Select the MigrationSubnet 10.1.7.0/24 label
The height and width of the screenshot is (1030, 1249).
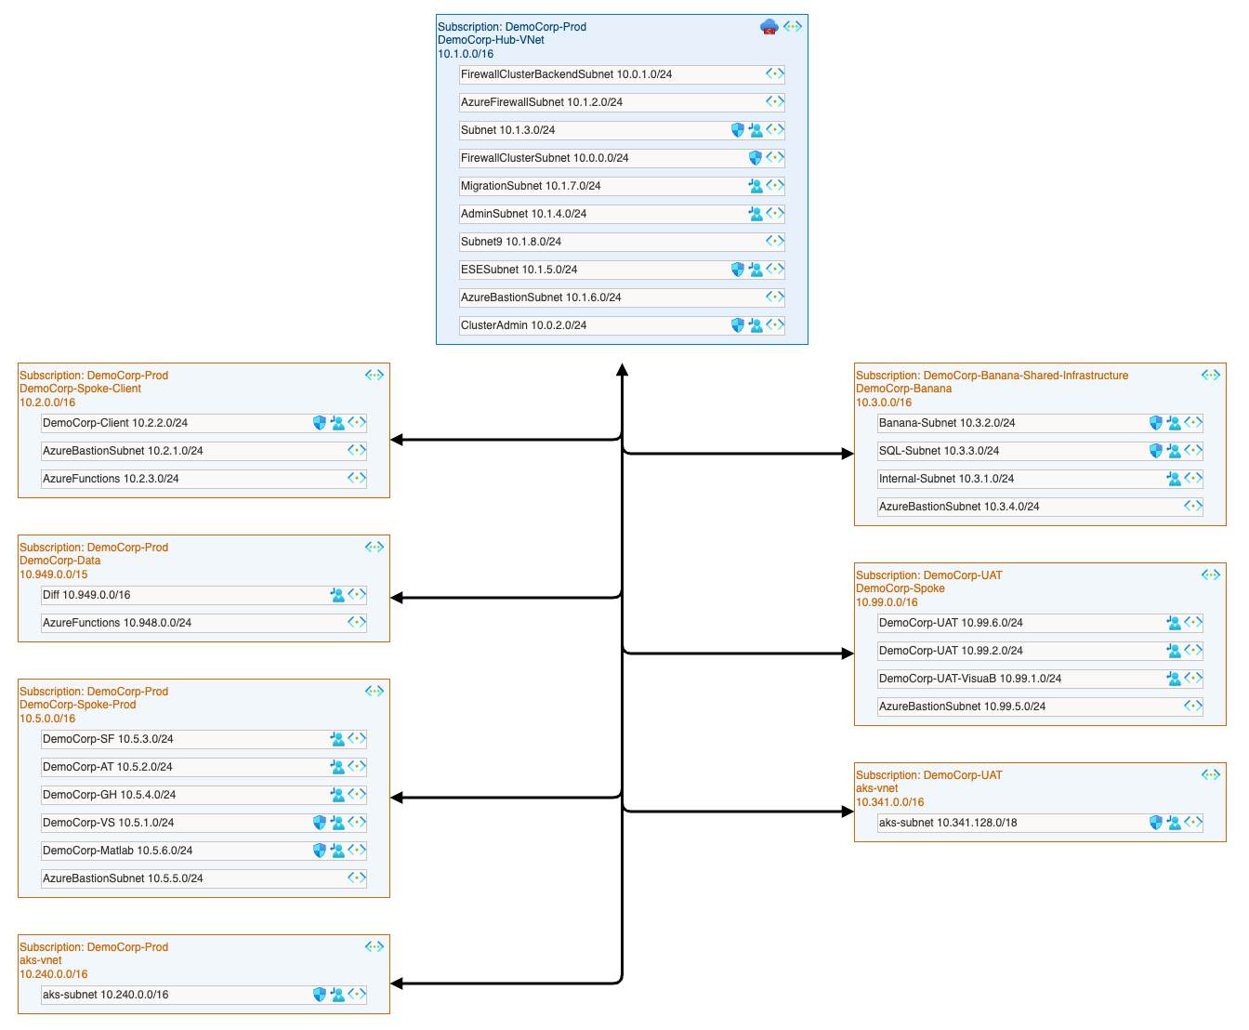[x=531, y=186]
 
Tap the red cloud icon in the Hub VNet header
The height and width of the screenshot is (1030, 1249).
[x=769, y=27]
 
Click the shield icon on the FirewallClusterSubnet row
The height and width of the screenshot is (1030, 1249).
[x=756, y=158]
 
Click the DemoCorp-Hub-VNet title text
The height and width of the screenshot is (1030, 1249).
[x=491, y=40]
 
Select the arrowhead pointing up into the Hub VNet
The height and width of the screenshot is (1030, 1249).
[x=622, y=370]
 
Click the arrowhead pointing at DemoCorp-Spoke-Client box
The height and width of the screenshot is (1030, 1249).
[x=397, y=440]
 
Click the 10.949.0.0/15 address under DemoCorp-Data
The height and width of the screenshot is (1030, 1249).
[x=54, y=574]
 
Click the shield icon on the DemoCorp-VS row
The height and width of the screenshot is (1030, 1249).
[x=320, y=823]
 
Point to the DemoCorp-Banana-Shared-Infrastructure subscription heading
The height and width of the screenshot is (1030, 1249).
[x=992, y=376]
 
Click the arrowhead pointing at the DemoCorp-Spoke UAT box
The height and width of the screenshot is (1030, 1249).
[x=848, y=654]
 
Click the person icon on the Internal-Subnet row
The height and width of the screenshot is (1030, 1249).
[x=1174, y=479]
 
